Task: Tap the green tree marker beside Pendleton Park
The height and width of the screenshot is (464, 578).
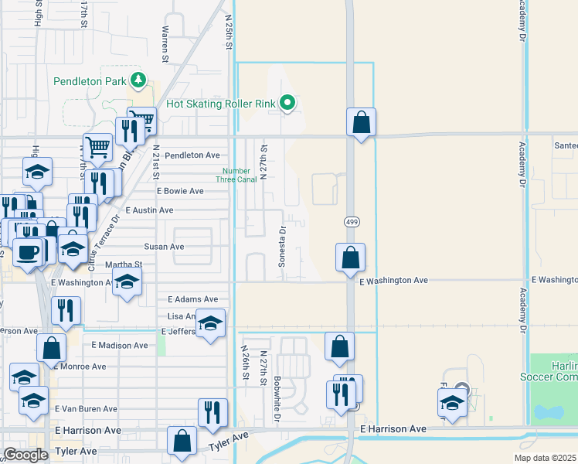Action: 138,80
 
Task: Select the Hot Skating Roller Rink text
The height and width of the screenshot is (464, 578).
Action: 221,104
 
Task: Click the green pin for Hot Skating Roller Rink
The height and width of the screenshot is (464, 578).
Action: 287,102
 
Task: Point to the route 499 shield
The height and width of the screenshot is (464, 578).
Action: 349,221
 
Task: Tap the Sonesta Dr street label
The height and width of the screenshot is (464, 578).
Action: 283,246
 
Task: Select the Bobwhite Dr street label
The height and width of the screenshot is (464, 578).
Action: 277,400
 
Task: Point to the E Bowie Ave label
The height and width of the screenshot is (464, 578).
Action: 180,191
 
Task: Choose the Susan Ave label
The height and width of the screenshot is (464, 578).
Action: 164,247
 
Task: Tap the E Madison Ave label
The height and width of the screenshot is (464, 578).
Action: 119,346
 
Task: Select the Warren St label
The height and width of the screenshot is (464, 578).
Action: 165,43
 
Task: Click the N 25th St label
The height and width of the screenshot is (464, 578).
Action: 229,31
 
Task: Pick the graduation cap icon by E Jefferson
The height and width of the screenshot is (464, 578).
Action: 209,323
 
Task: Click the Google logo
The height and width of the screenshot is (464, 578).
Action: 25,455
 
